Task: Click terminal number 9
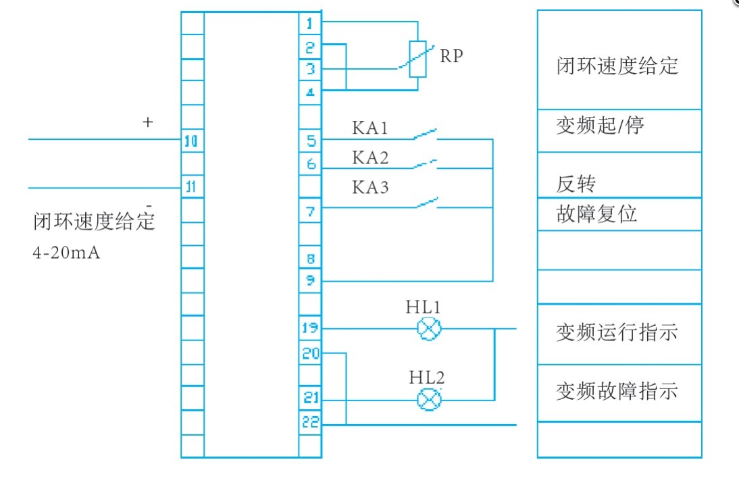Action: (x=310, y=280)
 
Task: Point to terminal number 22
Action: (x=310, y=423)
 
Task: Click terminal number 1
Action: (x=310, y=24)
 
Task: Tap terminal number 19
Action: (x=310, y=329)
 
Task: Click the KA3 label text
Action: (x=370, y=187)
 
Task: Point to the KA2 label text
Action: (x=370, y=157)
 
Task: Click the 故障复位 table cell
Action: (x=619, y=214)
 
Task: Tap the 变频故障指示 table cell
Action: (x=619, y=392)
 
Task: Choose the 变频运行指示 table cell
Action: (x=619, y=332)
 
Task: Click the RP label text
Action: (x=451, y=56)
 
